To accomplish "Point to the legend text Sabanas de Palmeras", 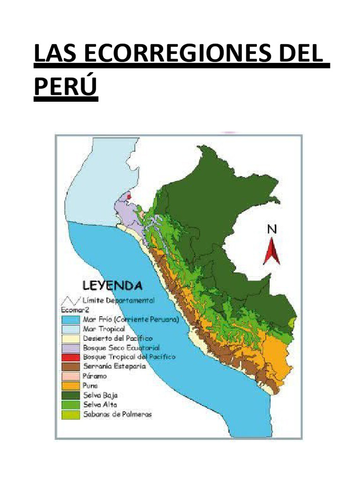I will (117, 414).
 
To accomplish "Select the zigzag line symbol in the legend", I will (69, 300).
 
